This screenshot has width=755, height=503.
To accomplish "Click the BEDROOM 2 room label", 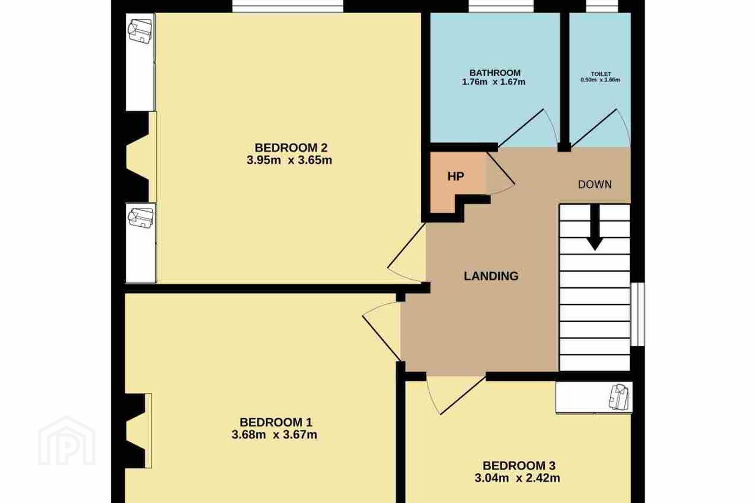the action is click(x=291, y=148).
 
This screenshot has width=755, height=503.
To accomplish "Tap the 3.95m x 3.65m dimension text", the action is click(x=289, y=160).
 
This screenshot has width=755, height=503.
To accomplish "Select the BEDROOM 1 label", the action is click(x=276, y=422).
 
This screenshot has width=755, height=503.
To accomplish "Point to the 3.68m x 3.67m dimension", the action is click(x=274, y=434).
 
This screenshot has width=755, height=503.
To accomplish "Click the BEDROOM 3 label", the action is click(x=519, y=466).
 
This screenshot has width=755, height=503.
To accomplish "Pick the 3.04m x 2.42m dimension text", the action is click(x=517, y=478).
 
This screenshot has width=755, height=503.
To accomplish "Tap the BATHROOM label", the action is click(x=495, y=73).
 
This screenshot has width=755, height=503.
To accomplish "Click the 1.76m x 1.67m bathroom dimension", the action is click(x=493, y=82).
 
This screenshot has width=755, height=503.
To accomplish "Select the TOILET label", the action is click(x=601, y=74).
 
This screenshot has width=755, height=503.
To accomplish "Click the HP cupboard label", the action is click(x=456, y=176).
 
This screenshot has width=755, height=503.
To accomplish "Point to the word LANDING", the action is click(x=491, y=276).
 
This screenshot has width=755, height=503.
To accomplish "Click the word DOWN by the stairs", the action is click(x=595, y=184).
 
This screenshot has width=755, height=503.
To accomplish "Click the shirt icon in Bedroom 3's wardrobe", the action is click(x=620, y=397).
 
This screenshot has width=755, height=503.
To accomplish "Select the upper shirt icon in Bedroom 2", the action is click(x=140, y=31).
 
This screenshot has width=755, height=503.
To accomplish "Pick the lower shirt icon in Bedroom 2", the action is click(x=141, y=217).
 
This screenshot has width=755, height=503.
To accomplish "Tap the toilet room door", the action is click(x=600, y=128).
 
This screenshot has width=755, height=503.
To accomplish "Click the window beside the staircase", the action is click(x=638, y=314).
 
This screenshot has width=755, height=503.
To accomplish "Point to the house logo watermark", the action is click(x=67, y=441).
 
